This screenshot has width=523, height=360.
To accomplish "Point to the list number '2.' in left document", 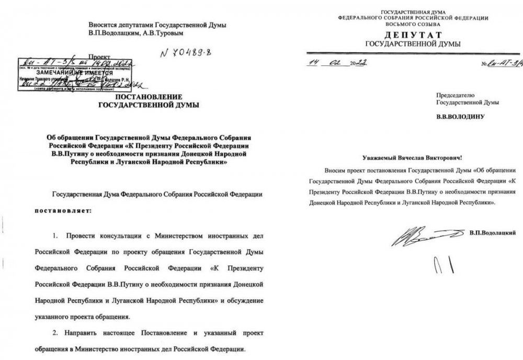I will pyautogui.click(x=59, y=333).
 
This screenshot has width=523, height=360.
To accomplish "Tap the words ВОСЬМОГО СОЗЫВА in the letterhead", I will pyautogui.click(x=406, y=24).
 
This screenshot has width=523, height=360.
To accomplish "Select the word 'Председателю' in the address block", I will pyautogui.click(x=454, y=95).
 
